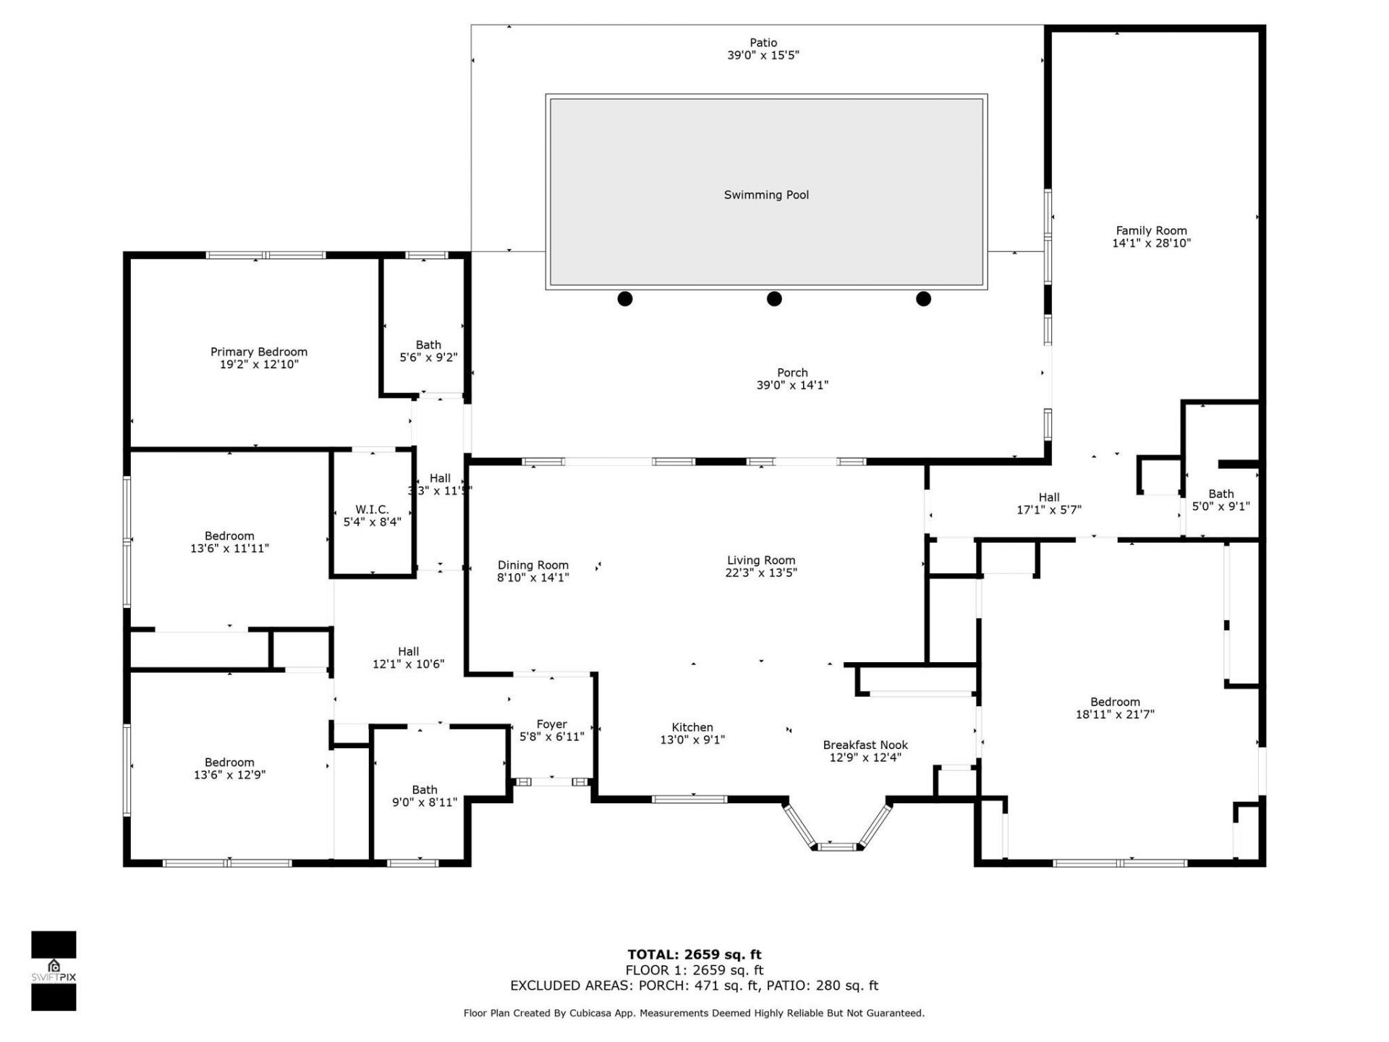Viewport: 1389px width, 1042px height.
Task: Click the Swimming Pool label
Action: pyautogui.click(x=766, y=195)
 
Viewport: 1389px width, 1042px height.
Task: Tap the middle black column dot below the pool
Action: pyautogui.click(x=774, y=299)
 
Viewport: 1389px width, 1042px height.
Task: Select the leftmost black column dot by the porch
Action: pyautogui.click(x=625, y=299)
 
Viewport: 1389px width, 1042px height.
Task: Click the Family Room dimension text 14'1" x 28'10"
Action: pyautogui.click(x=1151, y=244)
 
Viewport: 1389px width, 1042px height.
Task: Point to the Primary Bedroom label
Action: pyautogui.click(x=259, y=352)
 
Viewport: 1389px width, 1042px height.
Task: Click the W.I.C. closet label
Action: pyautogui.click(x=372, y=509)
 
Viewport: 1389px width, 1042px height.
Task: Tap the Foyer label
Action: pyautogui.click(x=551, y=724)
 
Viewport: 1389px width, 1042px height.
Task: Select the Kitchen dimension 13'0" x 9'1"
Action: pyautogui.click(x=692, y=740)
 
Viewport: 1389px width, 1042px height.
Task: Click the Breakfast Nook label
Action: pyautogui.click(x=865, y=745)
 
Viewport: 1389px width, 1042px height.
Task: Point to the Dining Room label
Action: pyautogui.click(x=533, y=565)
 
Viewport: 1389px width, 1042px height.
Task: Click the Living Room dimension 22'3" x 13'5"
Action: pyautogui.click(x=761, y=573)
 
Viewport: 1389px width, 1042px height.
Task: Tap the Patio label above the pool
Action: pyautogui.click(x=763, y=43)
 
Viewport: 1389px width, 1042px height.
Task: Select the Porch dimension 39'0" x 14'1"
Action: pyautogui.click(x=792, y=386)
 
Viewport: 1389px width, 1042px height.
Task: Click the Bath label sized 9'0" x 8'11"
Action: pyautogui.click(x=425, y=789)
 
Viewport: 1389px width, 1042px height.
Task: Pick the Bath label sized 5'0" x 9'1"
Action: pyautogui.click(x=1221, y=494)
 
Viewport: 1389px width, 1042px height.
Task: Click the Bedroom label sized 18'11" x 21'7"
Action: pyautogui.click(x=1115, y=702)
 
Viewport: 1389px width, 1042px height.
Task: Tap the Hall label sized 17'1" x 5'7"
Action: pyautogui.click(x=1049, y=497)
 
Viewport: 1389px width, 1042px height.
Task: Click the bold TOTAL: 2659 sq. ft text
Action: pyautogui.click(x=694, y=954)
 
